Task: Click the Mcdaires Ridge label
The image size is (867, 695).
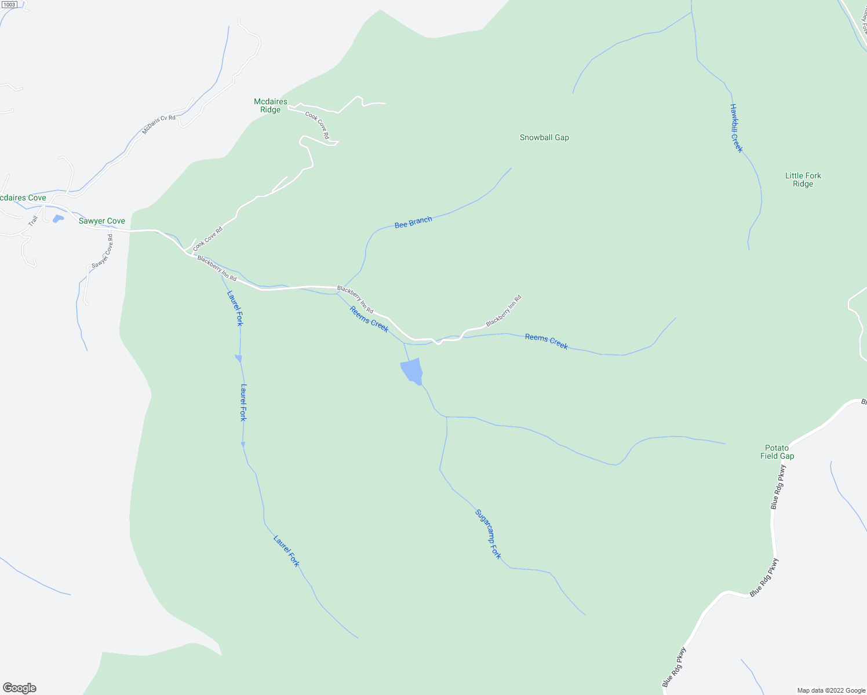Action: (271, 105)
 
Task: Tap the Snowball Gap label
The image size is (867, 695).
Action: (544, 138)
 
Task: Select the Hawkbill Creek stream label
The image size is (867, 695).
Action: (736, 128)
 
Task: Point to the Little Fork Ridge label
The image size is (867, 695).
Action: (803, 180)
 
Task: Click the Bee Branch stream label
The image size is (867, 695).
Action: (413, 222)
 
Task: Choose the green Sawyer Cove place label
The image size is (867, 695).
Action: (102, 221)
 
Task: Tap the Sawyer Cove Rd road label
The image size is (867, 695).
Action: (102, 251)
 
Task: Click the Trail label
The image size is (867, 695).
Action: (33, 221)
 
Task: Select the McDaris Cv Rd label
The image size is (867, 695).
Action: (159, 125)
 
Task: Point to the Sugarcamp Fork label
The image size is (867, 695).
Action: (488, 534)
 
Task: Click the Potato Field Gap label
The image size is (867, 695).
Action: (777, 452)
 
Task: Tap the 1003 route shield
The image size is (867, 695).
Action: (9, 4)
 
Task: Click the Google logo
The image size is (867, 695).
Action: (19, 688)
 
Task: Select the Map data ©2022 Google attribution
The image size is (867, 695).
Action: (831, 690)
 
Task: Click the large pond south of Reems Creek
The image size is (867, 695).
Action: (411, 371)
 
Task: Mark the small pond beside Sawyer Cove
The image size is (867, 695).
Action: (58, 219)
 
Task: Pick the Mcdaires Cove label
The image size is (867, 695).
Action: (22, 198)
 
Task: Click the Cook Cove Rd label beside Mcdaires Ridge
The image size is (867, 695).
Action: (318, 125)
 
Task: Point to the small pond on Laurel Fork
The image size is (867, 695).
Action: (238, 359)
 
